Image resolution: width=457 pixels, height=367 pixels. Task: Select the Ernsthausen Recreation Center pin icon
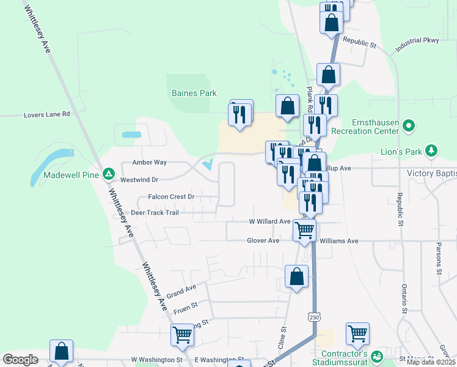(409, 127)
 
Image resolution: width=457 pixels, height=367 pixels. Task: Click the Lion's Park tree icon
(432, 150)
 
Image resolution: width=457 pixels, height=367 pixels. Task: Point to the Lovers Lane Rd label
(47, 114)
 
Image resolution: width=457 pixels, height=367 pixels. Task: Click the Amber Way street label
(150, 163)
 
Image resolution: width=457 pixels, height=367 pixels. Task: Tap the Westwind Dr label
(139, 180)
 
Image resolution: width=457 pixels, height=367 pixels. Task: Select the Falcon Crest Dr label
(171, 197)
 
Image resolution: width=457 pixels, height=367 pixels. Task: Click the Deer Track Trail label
(155, 213)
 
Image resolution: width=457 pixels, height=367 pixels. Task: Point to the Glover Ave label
(263, 241)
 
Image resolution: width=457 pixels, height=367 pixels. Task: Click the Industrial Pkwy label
(417, 41)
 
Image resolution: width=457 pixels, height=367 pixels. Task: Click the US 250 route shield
(314, 317)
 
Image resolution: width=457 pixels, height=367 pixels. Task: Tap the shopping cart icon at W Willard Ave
(304, 230)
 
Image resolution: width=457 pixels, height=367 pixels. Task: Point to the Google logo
(20, 360)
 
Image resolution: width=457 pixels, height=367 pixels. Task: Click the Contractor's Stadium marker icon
(377, 355)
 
